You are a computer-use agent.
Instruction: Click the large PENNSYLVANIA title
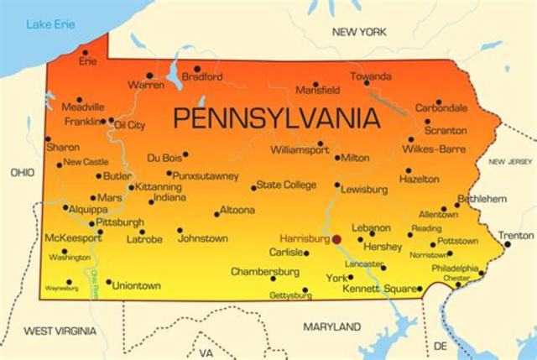[275, 117]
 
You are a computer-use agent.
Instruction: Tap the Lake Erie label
[51, 23]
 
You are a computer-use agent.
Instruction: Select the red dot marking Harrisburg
[336, 239]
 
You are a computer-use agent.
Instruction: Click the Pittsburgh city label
[120, 222]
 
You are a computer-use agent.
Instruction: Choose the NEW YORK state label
[360, 32]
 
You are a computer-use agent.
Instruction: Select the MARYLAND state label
[331, 326]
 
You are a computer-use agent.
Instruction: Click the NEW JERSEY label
[511, 161]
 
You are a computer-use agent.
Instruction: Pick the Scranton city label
[446, 130]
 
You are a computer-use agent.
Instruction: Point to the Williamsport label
[300, 151]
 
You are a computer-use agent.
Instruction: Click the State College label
[286, 185]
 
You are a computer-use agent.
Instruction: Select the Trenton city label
[516, 236]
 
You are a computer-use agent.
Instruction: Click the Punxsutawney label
[206, 176]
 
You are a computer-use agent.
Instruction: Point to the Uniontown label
[137, 285]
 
